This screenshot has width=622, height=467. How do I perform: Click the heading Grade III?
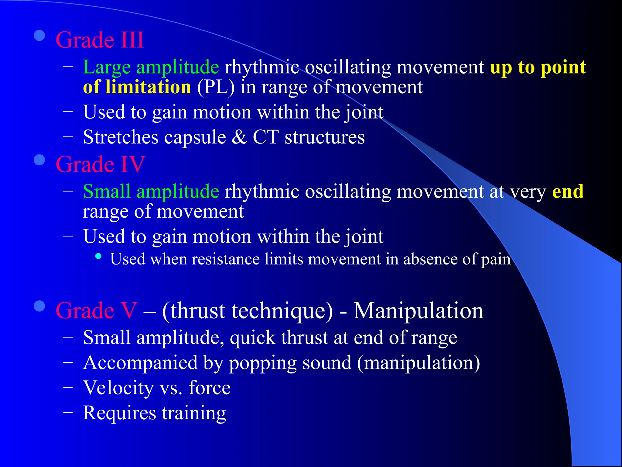tap(100, 40)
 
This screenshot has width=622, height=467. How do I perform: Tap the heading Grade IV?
tap(100, 164)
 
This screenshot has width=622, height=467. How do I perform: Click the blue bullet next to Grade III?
tap(39, 36)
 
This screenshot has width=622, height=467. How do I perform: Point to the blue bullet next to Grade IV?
tap(39, 160)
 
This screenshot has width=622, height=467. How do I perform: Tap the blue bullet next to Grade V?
tap(39, 306)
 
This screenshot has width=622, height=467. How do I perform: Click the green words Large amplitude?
tap(151, 67)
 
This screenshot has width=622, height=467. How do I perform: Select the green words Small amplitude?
tap(151, 192)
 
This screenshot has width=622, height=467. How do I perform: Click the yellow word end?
tap(568, 192)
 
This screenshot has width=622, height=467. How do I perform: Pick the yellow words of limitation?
tap(137, 87)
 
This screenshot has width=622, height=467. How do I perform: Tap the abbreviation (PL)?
tap(216, 87)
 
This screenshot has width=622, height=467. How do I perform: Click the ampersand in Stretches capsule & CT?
tap(239, 137)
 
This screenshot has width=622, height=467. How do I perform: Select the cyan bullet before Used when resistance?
tap(98, 256)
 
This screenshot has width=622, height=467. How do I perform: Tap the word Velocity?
tap(118, 388)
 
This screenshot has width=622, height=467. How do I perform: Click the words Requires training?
tap(154, 413)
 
